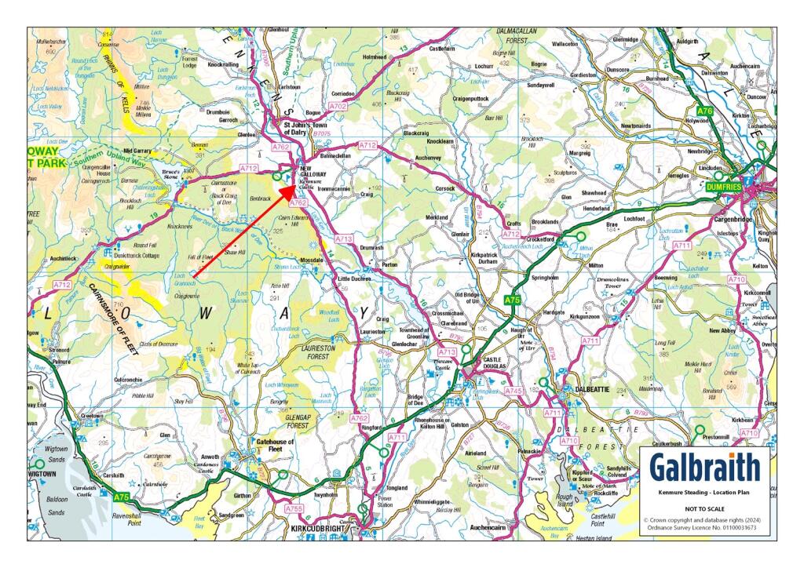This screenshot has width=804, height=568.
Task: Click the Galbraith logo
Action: click(703, 468)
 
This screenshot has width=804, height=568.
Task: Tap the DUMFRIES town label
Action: click(722, 188)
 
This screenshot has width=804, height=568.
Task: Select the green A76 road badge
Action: click(705, 111)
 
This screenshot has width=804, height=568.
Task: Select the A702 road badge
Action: click(338, 105)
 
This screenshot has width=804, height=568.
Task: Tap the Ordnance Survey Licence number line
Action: click(703, 527)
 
